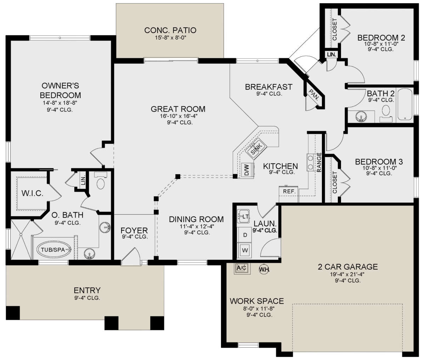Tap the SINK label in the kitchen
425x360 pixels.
[x=256, y=148]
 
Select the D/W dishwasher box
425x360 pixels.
[x=247, y=170]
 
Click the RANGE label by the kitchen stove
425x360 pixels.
[x=319, y=162]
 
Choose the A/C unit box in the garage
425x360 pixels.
[x=242, y=268]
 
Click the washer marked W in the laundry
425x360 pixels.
[x=245, y=251]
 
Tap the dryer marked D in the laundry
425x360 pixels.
[x=245, y=235]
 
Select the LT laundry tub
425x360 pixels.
[x=243, y=216]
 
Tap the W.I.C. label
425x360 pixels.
[x=33, y=193]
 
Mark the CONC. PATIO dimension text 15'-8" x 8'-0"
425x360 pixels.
[x=170, y=38]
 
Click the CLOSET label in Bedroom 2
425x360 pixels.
[x=335, y=29]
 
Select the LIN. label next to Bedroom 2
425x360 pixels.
[x=331, y=55]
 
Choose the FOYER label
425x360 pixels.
[x=134, y=230]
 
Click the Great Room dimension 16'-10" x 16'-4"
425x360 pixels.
[x=178, y=116]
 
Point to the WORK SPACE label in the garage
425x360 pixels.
[x=257, y=301]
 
